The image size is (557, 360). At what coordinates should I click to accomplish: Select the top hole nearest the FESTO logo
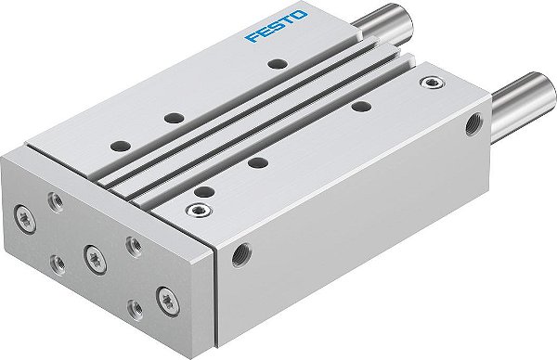(274, 64)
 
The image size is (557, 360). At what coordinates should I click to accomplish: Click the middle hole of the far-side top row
(174, 118)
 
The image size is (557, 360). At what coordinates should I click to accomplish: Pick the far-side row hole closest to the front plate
(119, 146)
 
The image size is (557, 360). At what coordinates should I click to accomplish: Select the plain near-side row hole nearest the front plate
(202, 189)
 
